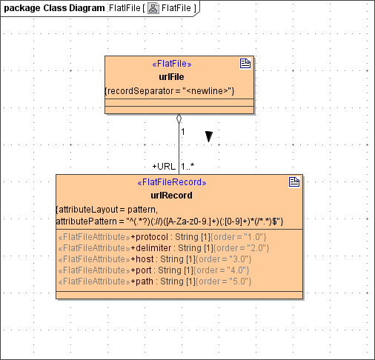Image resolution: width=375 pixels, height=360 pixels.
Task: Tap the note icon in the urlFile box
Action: pos(245,64)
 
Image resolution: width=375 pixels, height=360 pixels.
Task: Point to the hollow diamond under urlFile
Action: pos(179,119)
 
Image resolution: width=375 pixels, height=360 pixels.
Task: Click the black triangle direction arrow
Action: pos(210,136)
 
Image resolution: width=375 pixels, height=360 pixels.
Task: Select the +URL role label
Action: pos(164,167)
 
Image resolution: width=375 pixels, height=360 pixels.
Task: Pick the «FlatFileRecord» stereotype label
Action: pos(171,182)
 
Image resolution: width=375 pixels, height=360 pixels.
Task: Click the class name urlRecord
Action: pos(171,196)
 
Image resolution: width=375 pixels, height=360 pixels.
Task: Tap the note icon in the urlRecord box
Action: pos(293,182)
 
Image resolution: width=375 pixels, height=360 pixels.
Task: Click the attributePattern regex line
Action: pos(169,221)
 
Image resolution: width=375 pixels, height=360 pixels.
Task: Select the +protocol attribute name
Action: pos(151,237)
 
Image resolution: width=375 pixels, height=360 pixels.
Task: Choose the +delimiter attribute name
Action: pos(153,248)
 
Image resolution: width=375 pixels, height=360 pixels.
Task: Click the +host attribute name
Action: pos(145,259)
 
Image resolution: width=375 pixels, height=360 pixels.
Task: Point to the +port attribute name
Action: pos(145,270)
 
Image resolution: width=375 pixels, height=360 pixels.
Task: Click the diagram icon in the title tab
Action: pos(153,8)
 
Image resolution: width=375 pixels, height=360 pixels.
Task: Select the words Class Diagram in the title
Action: pos(73,8)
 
